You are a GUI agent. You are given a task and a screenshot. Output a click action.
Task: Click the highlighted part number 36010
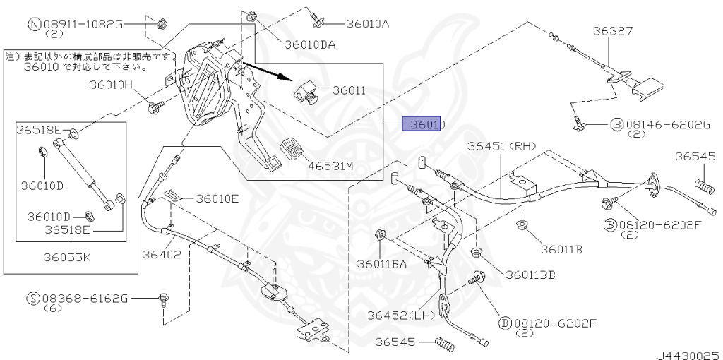pos(423,124)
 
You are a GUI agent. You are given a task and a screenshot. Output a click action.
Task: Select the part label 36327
pos(612,31)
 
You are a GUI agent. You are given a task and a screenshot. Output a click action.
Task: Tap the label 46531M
pos(330,167)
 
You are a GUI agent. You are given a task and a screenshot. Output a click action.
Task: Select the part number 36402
pos(162,253)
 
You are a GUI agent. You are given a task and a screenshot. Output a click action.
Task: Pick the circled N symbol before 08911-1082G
pos(33,24)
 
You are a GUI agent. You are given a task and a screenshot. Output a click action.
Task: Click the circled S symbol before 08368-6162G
pos(33,299)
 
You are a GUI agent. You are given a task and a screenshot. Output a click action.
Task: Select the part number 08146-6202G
pos(666,125)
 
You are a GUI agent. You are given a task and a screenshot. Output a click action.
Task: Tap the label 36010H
pos(110,85)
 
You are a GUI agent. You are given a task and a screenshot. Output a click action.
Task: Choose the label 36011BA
pos(381,264)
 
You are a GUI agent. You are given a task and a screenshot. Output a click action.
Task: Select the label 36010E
pos(217,198)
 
